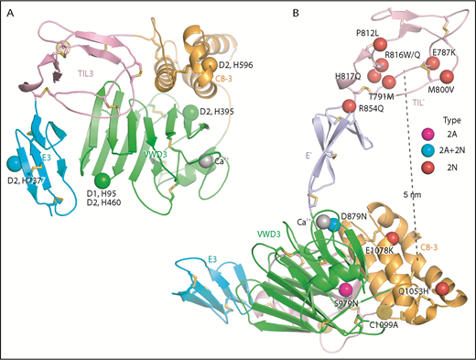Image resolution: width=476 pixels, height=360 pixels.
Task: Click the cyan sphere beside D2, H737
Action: [x=14, y=163]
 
